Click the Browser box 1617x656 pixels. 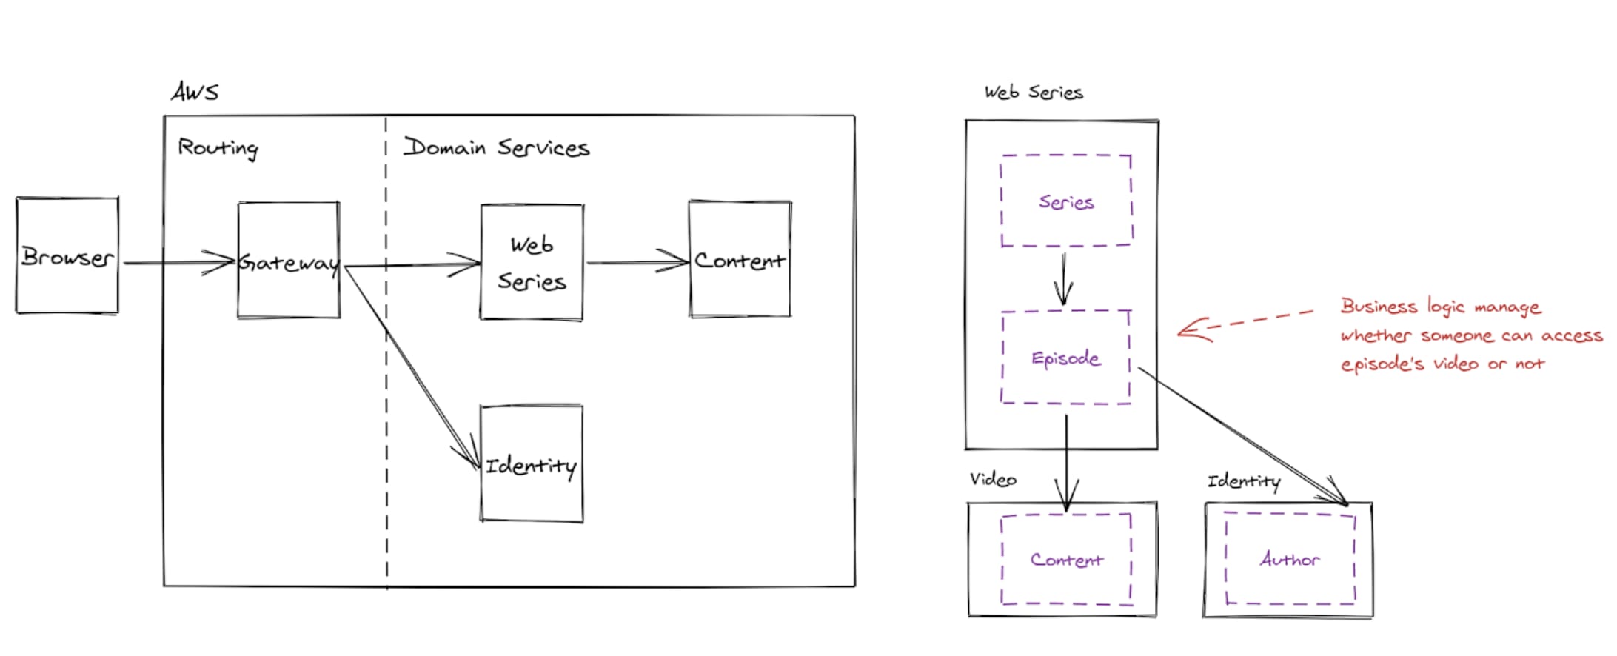pyautogui.click(x=67, y=255)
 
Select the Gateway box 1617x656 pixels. pyautogui.click(x=289, y=260)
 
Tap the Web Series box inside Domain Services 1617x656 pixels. pyautogui.click(x=532, y=262)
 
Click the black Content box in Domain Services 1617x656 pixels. pyautogui.click(x=740, y=259)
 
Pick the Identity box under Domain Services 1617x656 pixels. pyautogui.click(x=532, y=463)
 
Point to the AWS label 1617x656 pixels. pyautogui.click(x=195, y=92)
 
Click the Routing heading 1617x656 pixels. pyautogui.click(x=218, y=148)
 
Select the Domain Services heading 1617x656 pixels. pyautogui.click(x=496, y=147)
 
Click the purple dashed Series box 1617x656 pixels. pyautogui.click(x=1066, y=201)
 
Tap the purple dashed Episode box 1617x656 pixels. pyautogui.click(x=1065, y=358)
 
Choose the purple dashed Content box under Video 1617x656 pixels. pyautogui.click(x=1066, y=560)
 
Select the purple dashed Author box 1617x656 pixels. pyautogui.click(x=1290, y=559)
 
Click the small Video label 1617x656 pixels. pyautogui.click(x=993, y=480)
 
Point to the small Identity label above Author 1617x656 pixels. pyautogui.click(x=1244, y=482)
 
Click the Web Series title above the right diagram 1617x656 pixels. pyautogui.click(x=1034, y=93)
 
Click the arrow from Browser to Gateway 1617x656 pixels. pyautogui.click(x=179, y=263)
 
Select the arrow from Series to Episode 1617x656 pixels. pyautogui.click(x=1064, y=280)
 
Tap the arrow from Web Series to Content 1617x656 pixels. pyautogui.click(x=637, y=261)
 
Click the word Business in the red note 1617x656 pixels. pyautogui.click(x=1379, y=306)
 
